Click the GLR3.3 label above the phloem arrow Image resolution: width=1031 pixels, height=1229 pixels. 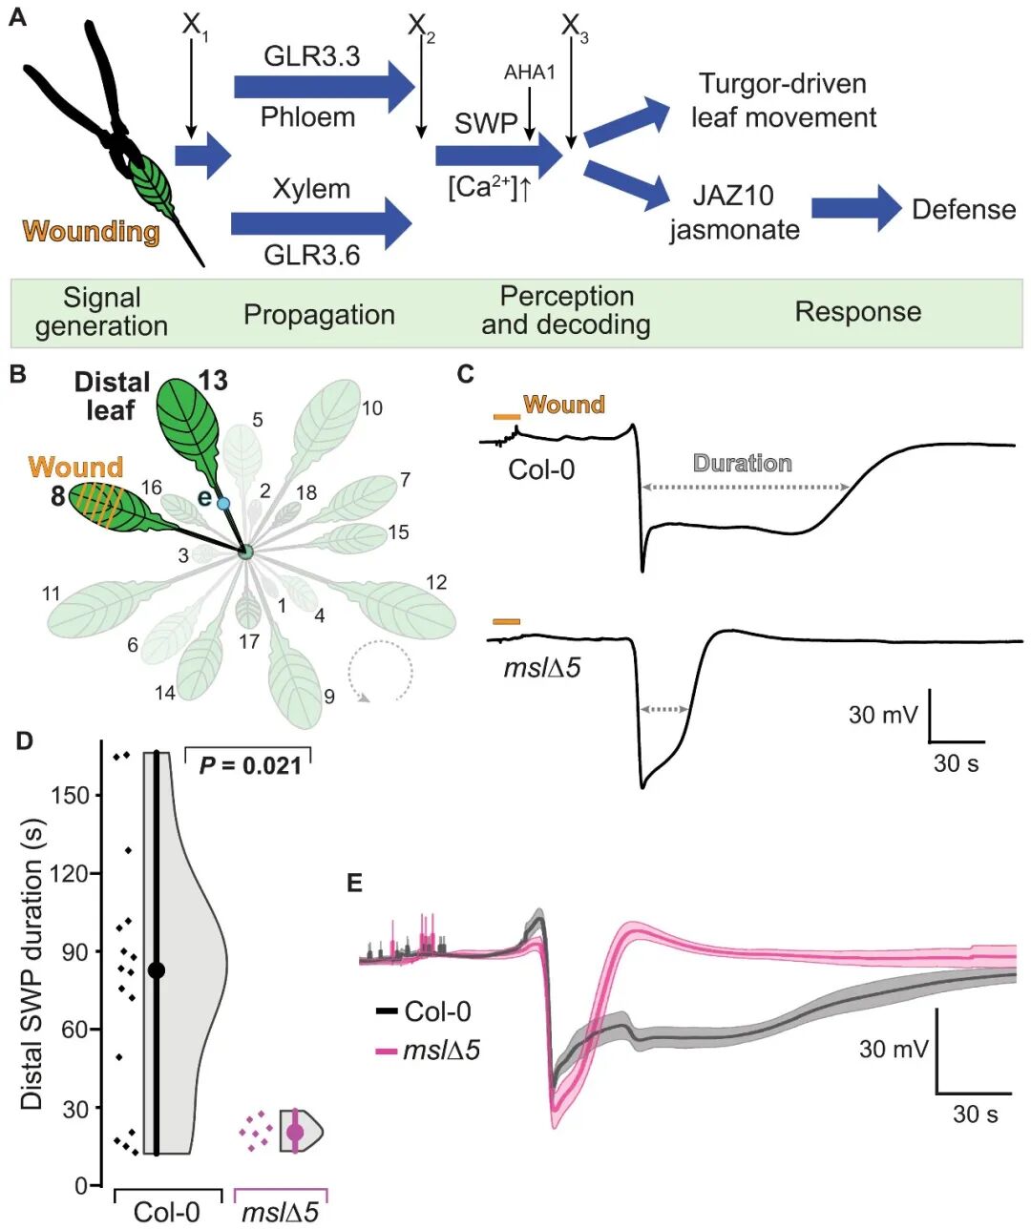point(311,57)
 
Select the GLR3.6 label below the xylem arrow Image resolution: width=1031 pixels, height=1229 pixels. point(311,256)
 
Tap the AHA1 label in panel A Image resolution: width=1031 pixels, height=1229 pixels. point(529,73)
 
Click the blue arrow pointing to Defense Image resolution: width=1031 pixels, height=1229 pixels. point(856,208)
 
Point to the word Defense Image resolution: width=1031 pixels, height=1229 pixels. point(964,210)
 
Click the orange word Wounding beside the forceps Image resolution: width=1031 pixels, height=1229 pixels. point(92,231)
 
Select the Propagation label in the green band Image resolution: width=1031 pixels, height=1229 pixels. point(319,315)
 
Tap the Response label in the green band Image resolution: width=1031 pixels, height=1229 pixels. point(858,312)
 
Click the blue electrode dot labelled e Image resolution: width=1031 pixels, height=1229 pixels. point(223,503)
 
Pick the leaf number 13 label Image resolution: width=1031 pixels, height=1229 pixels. point(213,382)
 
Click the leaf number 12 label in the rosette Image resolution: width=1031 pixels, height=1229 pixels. point(436,583)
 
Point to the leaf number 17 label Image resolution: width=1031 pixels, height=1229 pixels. point(249,641)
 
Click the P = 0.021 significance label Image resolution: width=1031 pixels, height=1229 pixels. point(250,766)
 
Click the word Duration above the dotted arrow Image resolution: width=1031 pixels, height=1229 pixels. point(743,464)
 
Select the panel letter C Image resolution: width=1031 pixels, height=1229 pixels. point(465,374)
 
